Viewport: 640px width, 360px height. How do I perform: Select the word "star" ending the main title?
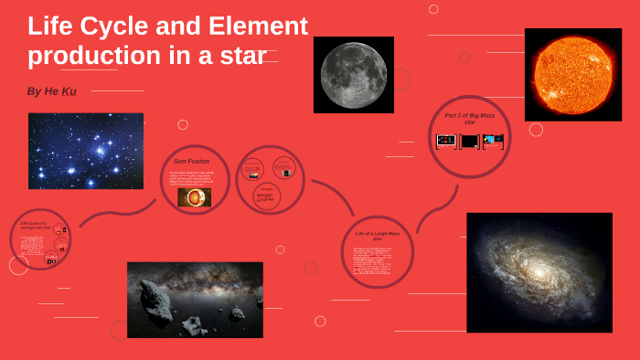(242, 55)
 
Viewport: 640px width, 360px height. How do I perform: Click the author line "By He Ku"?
(53, 92)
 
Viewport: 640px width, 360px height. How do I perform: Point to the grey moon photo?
(353, 74)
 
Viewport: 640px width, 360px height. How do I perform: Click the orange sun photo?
(573, 73)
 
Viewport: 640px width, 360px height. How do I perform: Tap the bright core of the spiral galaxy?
(539, 273)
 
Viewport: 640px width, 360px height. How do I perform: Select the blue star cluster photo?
(86, 151)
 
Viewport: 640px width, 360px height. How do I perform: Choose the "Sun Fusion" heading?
(193, 160)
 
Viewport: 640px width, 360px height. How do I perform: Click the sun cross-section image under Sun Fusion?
(194, 196)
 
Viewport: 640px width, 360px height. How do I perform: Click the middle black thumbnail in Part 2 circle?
(469, 141)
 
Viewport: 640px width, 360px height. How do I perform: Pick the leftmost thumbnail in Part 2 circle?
(446, 141)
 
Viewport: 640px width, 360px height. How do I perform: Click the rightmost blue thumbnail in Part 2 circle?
(493, 141)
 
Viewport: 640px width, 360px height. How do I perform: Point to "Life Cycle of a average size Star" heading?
(35, 225)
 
